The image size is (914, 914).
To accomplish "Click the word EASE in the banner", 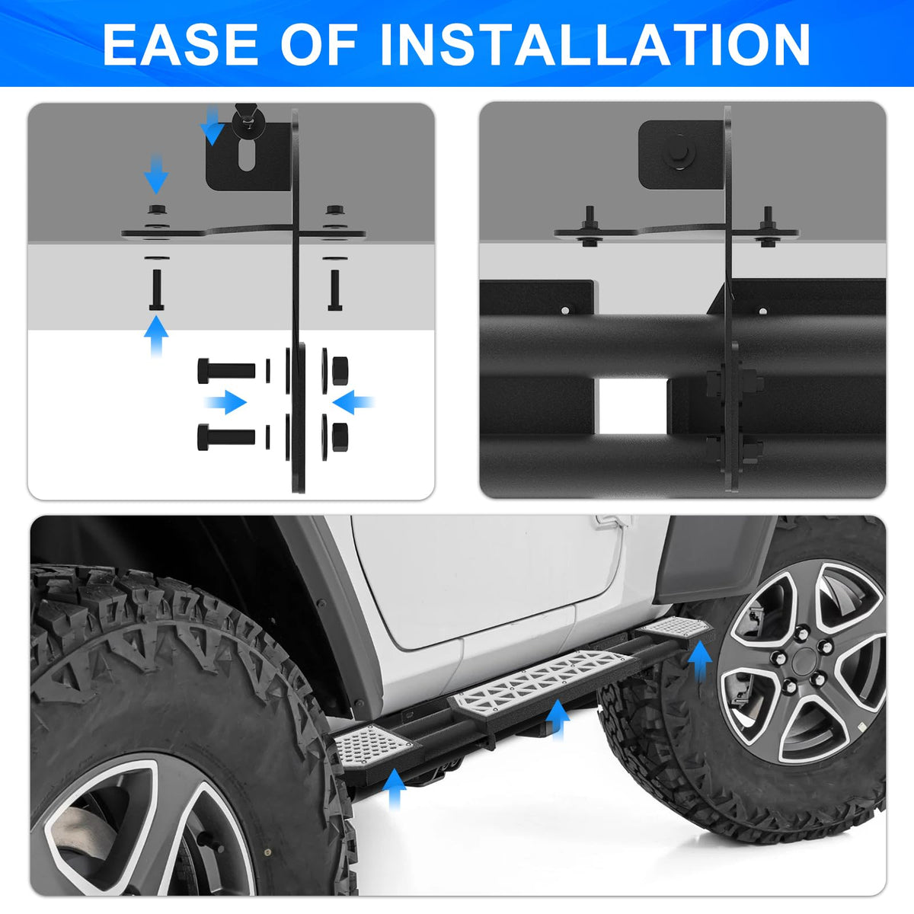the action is pos(180,44).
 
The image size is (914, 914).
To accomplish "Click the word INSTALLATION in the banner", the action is pos(595,44).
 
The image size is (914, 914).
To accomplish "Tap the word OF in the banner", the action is pos(318,44).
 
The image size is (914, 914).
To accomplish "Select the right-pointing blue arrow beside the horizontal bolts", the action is pos(225,402).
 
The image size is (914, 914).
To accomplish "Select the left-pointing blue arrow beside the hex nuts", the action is pos(353,402).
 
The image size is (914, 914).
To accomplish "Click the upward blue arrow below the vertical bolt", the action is pos(156,337).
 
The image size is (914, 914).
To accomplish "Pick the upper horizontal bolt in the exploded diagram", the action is pos(226,370).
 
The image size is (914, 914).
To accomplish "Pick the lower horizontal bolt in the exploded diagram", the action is pos(226,436).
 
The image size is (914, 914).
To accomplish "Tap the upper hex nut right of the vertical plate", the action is pos(340,370).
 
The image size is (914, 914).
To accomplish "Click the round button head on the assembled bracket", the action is pos(679,152).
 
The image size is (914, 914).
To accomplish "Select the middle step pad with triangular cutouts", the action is pos(542,682).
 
